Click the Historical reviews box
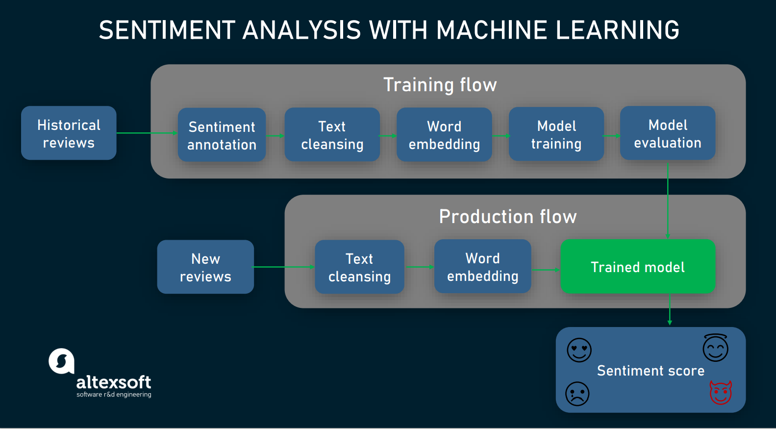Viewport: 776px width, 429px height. pyautogui.click(x=69, y=133)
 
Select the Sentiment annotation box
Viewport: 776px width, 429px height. pyautogui.click(x=222, y=135)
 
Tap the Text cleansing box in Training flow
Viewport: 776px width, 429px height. pyautogui.click(x=332, y=135)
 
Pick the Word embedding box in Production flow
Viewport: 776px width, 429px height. pyautogui.click(x=482, y=267)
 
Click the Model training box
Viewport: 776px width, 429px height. pyautogui.click(x=556, y=134)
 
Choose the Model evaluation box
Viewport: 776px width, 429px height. pyautogui.click(x=667, y=133)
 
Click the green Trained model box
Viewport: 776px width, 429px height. pyautogui.click(x=637, y=267)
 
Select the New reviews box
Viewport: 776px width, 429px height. pyautogui.click(x=205, y=267)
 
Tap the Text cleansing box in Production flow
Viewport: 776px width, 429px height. pyautogui.click(x=359, y=267)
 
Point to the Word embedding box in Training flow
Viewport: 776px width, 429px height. pyautogui.click(x=444, y=135)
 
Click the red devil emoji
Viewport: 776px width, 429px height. pyautogui.click(x=721, y=393)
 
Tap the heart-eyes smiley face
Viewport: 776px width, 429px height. pyautogui.click(x=579, y=350)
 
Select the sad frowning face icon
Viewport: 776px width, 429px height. pyautogui.click(x=577, y=394)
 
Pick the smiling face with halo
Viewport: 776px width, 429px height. pyautogui.click(x=715, y=348)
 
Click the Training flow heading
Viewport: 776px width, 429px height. pyautogui.click(x=440, y=85)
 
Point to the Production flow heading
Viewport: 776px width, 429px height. pyautogui.click(x=507, y=217)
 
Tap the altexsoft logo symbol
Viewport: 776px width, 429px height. pyautogui.click(x=62, y=361)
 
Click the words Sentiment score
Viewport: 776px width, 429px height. pyautogui.click(x=651, y=371)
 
